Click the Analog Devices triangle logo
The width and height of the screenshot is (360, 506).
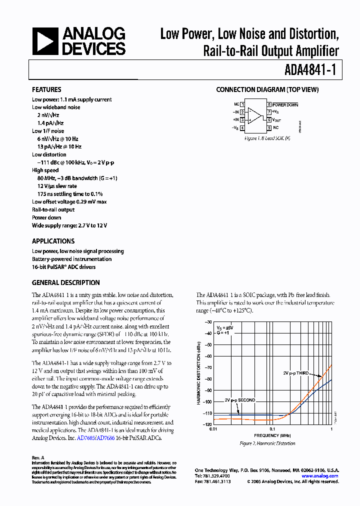point(45,41)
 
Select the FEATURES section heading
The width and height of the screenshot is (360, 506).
point(46,90)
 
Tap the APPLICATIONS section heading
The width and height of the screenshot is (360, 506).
point(53,241)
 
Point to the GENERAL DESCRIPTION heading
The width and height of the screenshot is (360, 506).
point(65,282)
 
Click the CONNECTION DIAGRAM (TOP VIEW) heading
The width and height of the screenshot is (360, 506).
point(267,90)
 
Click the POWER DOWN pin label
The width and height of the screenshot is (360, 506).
point(285,105)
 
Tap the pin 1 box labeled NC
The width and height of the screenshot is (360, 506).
point(242,104)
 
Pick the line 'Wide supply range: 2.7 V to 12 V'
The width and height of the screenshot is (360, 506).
point(69,225)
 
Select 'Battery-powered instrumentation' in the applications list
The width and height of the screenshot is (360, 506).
point(72,259)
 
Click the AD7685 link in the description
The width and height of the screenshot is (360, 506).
point(84,438)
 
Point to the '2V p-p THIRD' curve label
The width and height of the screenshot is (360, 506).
point(296,373)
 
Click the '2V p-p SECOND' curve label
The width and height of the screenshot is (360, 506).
point(239,400)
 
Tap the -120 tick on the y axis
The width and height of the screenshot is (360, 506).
point(206,424)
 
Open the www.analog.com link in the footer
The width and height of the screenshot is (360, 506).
point(320,476)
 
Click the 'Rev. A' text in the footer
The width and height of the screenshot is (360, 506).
point(38,457)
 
